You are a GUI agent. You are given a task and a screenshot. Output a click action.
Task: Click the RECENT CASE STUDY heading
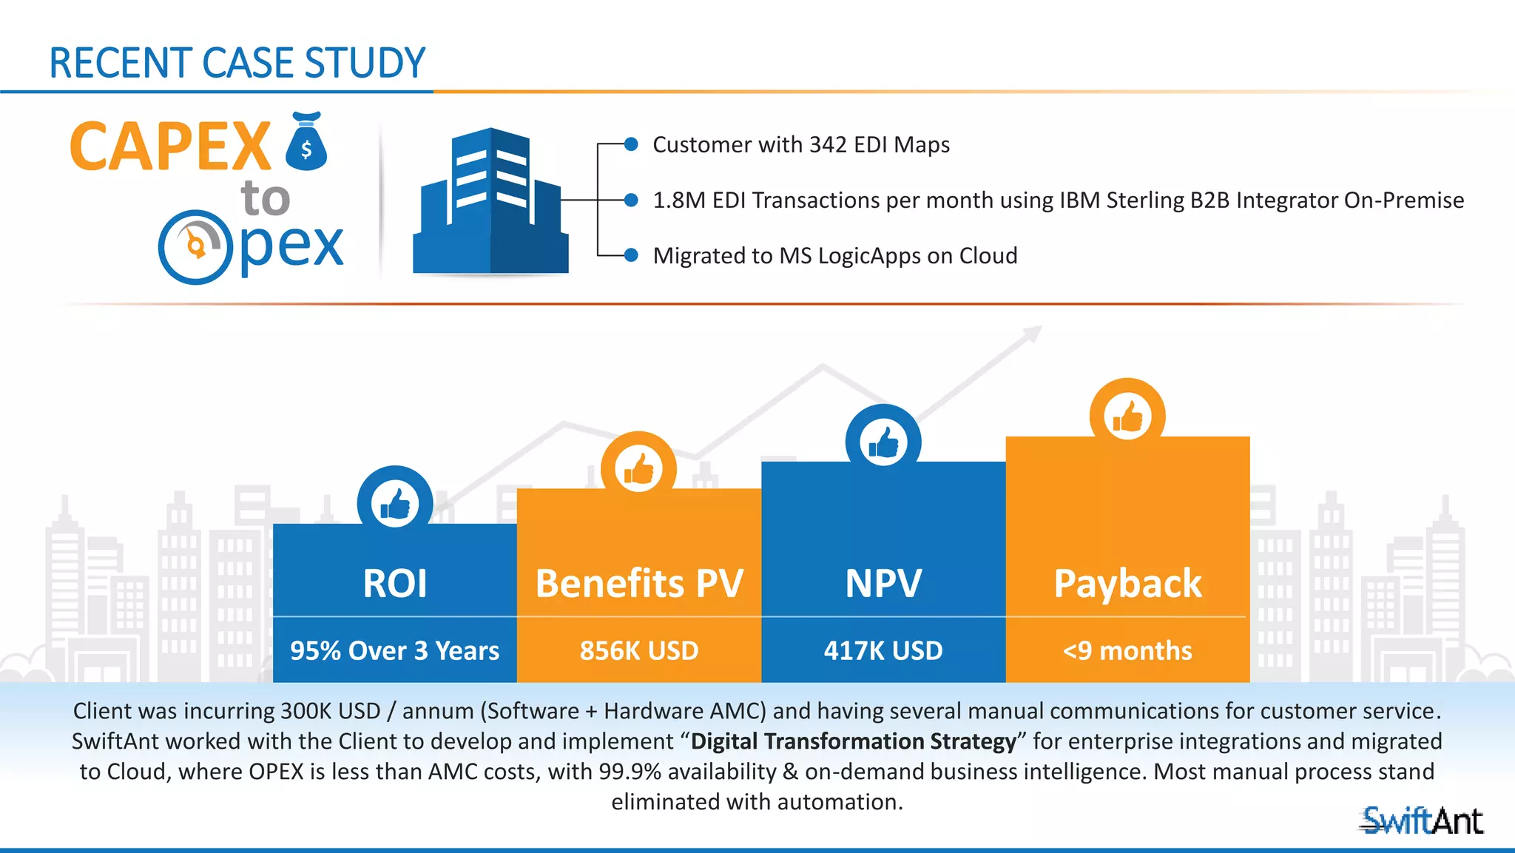pos(237,63)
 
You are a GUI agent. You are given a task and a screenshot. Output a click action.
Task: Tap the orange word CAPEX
pos(170,146)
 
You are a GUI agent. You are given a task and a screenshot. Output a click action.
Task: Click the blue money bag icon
pos(306,142)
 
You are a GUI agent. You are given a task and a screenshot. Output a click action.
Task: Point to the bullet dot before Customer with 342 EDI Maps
pos(631,144)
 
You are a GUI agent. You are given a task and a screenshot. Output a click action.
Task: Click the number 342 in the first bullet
pos(828,144)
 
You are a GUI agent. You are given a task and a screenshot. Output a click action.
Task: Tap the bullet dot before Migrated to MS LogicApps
pos(631,255)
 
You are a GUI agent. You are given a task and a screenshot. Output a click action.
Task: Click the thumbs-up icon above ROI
pos(395,504)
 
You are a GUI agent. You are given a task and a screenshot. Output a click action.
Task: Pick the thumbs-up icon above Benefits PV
pos(638,469)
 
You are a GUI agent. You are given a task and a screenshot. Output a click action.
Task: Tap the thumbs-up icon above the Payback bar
pos(1127,416)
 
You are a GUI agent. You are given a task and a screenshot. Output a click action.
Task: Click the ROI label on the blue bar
pos(395,583)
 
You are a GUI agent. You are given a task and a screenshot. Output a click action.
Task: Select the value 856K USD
pos(639,650)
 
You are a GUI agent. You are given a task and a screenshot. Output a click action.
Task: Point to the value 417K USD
pos(883,650)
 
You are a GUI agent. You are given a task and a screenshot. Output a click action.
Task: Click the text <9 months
pos(1127,650)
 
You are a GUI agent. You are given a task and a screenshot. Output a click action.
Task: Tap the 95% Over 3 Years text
pos(395,650)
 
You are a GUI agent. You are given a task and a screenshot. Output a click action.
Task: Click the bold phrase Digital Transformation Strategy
pos(854,741)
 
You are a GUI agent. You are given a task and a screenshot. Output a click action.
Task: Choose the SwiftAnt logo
pos(1422,820)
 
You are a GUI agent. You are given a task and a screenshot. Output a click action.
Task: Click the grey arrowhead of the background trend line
pos(1033,334)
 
